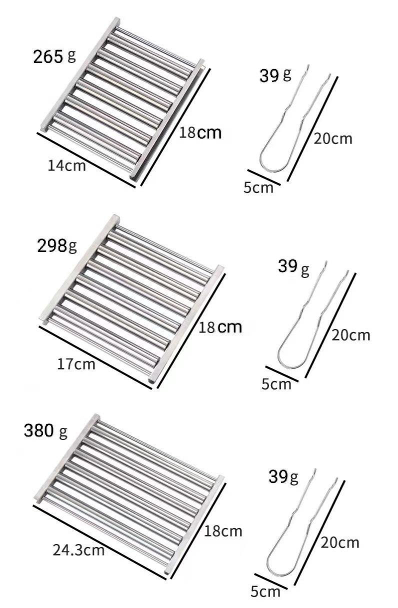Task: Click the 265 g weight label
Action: [x=54, y=56]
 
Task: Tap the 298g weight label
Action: [x=57, y=245]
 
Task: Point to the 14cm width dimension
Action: [x=66, y=165]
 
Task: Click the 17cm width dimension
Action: [x=76, y=364]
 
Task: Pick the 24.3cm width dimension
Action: [x=78, y=550]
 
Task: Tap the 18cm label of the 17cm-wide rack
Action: [x=220, y=327]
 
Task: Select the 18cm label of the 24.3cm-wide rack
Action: [x=223, y=530]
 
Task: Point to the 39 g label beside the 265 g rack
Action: [x=275, y=75]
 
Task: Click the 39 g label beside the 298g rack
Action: [x=293, y=267]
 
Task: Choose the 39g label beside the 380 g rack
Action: [x=283, y=477]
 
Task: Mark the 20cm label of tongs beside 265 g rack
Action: [x=333, y=138]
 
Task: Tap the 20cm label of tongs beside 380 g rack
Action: [x=340, y=542]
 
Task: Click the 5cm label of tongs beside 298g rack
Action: [x=276, y=384]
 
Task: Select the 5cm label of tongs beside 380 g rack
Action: [x=265, y=592]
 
